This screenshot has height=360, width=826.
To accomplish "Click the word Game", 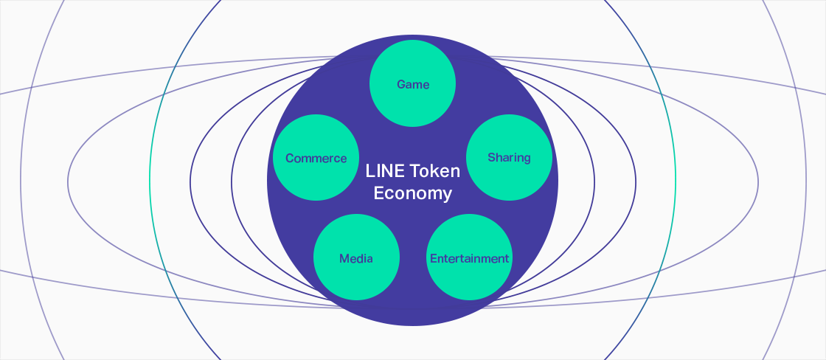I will coord(413,85).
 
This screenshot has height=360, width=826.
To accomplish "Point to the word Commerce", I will coord(316,159).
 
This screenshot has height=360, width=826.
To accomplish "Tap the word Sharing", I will coord(509,158).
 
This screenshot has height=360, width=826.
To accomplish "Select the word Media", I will coord(356,258).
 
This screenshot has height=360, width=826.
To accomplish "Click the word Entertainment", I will coord(469,258).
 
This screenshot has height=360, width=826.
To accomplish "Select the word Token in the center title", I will coord(435,171).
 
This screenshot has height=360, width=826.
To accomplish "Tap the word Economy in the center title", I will coord(412,194).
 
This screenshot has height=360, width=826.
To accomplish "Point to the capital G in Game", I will coord(401,85).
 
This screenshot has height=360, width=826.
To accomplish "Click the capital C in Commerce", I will coord(290,159).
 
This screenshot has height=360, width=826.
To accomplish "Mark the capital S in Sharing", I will coord(491,158).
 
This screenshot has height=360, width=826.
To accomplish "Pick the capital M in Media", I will coord(344,258).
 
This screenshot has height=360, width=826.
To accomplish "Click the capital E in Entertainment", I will coord(433,258).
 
